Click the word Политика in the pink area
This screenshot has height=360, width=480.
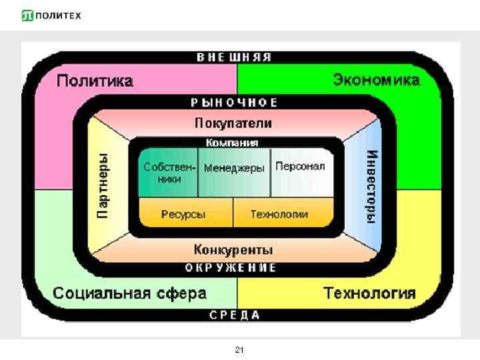point(95,81)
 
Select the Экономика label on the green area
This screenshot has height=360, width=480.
point(376,80)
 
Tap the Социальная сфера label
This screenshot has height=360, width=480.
point(129,293)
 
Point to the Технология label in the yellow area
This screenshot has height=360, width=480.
point(369,293)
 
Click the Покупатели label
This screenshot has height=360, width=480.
point(233,123)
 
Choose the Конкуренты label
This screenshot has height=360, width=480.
point(233,250)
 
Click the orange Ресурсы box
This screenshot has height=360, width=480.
point(185,214)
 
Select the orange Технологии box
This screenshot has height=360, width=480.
point(280,214)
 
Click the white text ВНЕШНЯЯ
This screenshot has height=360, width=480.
point(234,57)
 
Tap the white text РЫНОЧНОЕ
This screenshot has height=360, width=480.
point(234,103)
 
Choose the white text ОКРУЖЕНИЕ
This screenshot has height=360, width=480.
point(231,268)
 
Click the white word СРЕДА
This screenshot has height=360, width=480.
point(235,315)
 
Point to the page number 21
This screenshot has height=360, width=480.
point(240,349)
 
